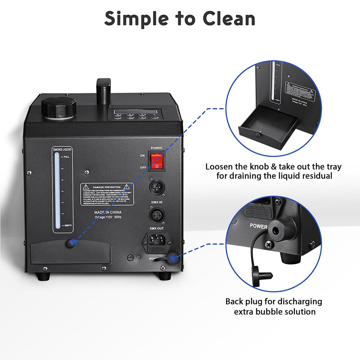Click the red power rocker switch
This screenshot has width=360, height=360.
tap(157, 161)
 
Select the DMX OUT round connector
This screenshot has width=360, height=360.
tap(157, 216)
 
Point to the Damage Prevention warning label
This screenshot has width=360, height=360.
tap(107, 194)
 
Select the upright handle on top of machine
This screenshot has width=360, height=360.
tap(103, 91)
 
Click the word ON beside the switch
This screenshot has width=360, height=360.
tap(143, 156)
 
